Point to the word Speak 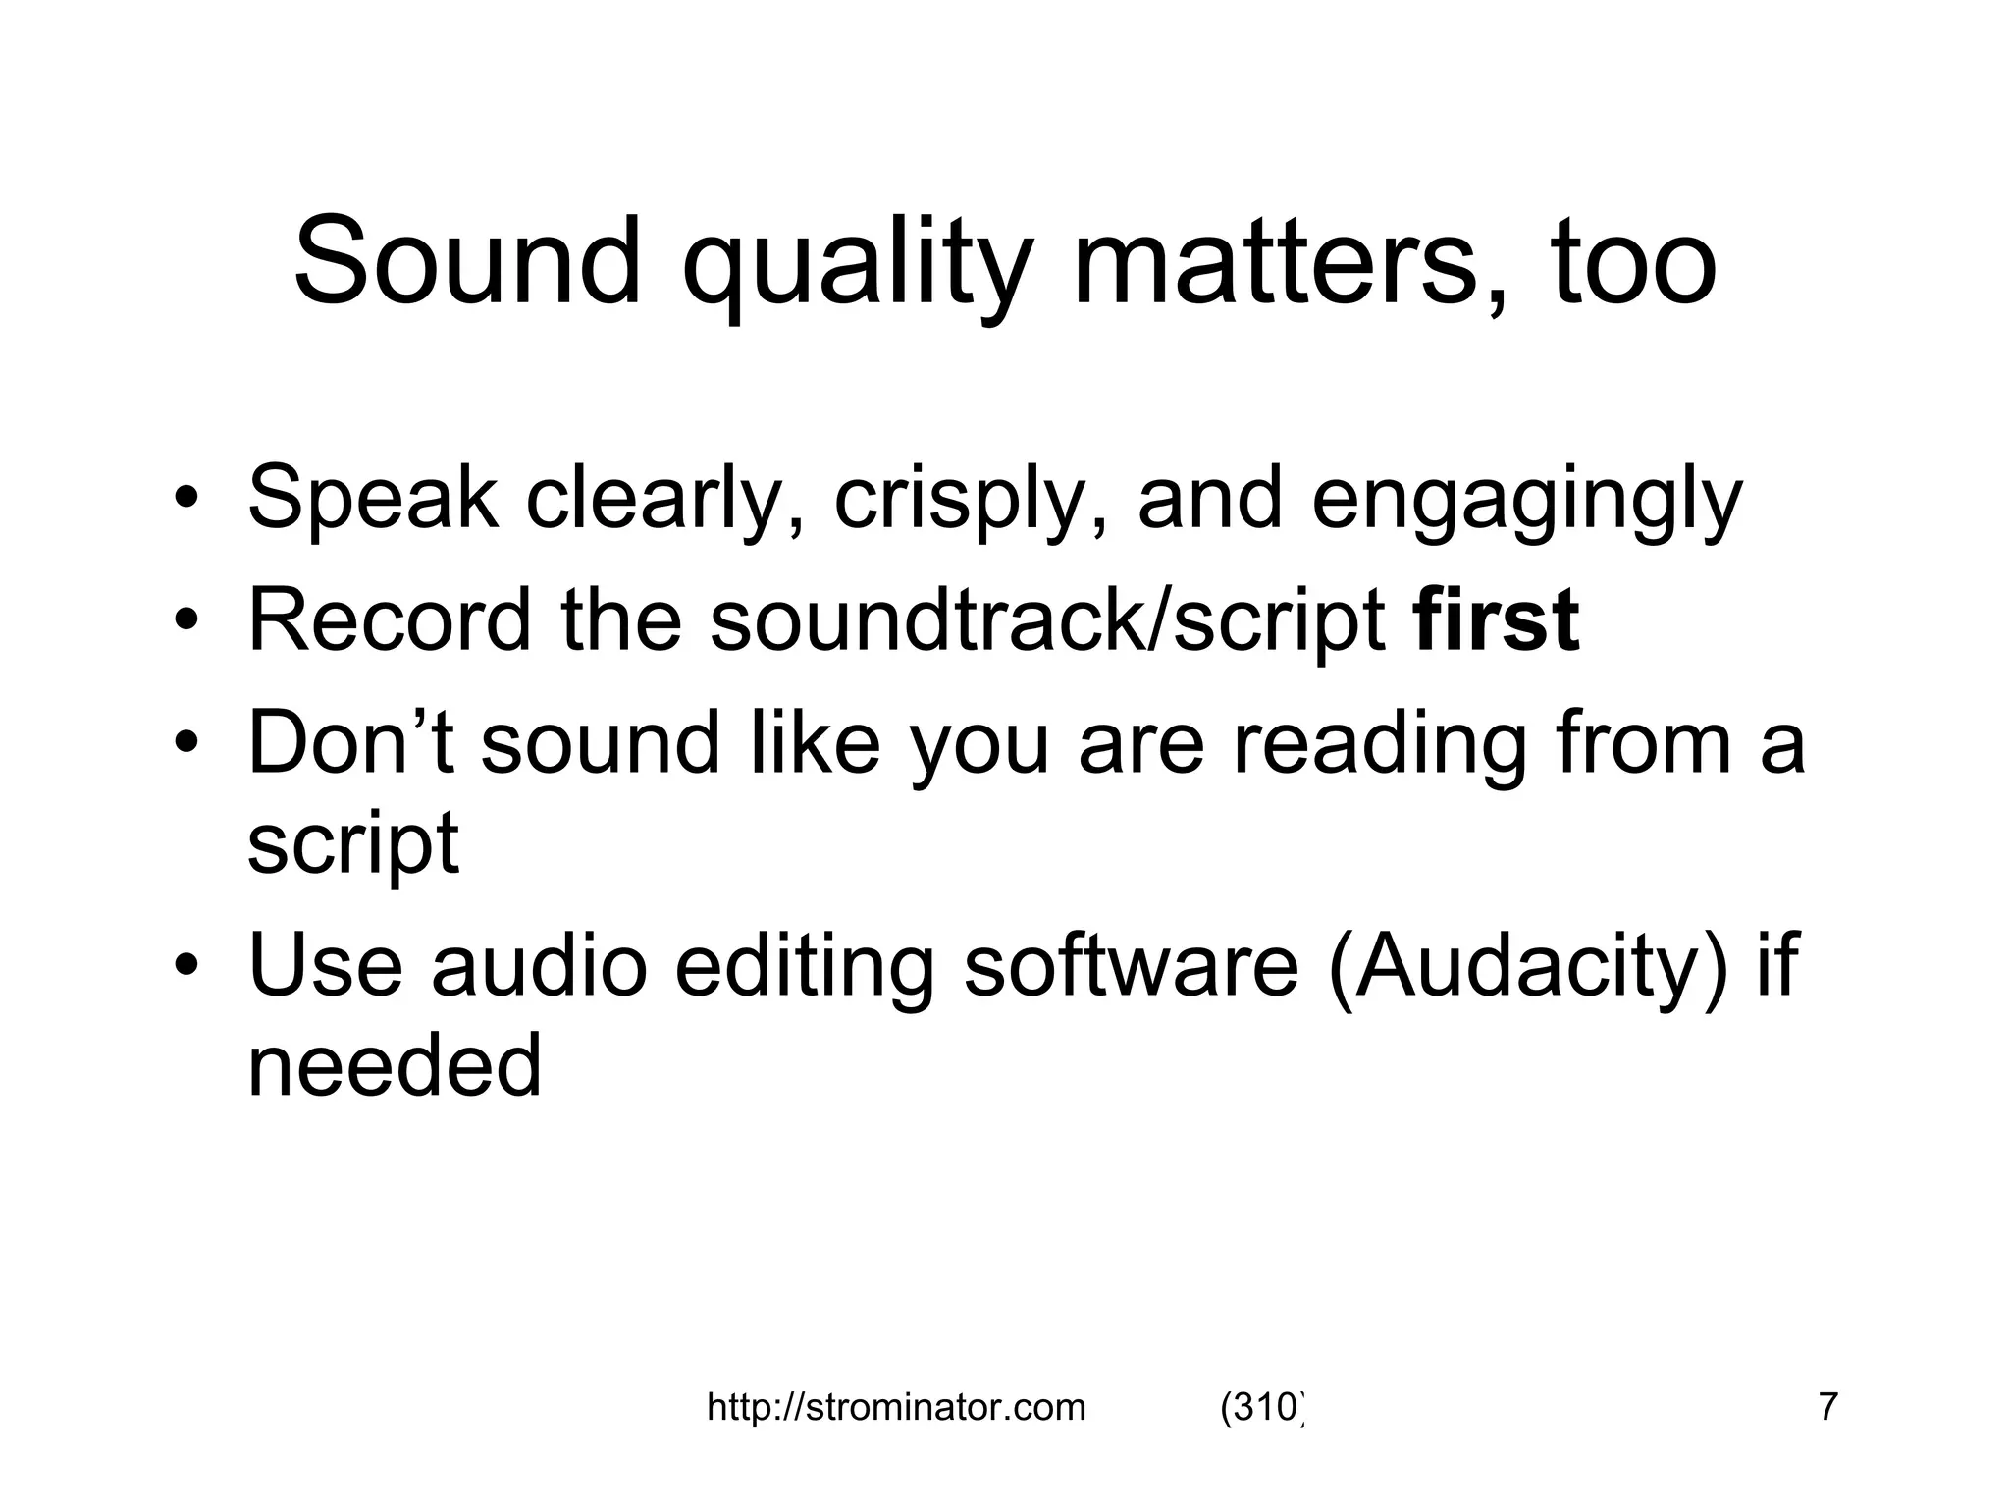tap(373, 499)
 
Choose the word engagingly tap(1526, 501)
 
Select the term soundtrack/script tap(1047, 619)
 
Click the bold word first tap(1496, 619)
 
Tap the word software tap(1131, 965)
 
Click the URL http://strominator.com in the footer tap(896, 1408)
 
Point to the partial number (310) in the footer tap(1262, 1408)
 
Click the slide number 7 tap(1827, 1408)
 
